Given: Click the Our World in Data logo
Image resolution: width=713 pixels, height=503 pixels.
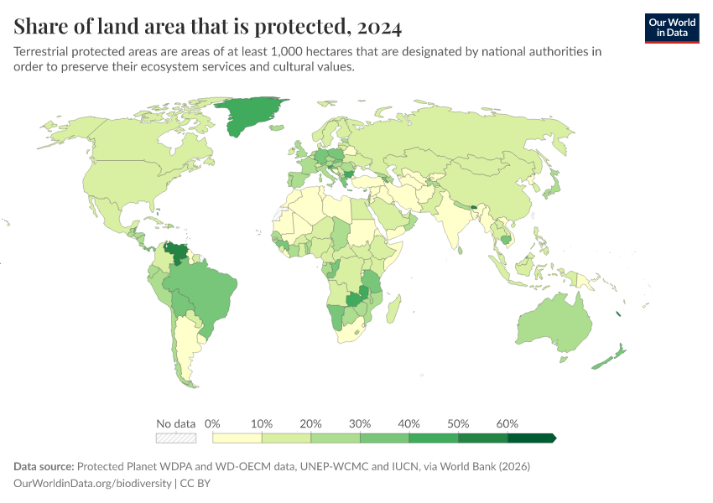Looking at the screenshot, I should (x=671, y=28).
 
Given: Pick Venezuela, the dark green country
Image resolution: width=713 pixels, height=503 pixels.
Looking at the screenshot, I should (x=176, y=252).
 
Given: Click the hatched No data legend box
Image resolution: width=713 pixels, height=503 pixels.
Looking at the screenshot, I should (x=176, y=438).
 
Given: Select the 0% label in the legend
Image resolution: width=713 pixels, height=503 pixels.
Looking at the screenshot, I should (x=212, y=423).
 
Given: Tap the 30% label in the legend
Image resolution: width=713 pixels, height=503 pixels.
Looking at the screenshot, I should (x=360, y=423).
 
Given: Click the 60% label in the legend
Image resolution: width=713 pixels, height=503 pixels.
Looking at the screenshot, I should (x=507, y=423).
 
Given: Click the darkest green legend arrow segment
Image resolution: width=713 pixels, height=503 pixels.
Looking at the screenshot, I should (x=532, y=438).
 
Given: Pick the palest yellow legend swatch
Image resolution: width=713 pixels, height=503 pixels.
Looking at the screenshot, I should (x=237, y=438).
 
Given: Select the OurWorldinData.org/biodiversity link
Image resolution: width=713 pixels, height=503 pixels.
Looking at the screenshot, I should (x=93, y=483).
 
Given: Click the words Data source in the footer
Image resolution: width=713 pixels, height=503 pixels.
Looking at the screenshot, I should (x=44, y=466).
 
